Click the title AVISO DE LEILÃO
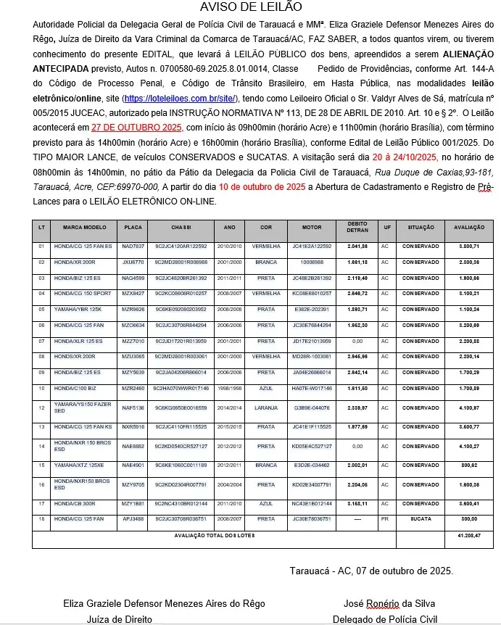[250, 8]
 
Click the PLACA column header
[133, 227]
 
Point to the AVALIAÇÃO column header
[469, 227]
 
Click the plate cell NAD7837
[133, 247]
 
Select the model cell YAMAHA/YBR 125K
[78, 308]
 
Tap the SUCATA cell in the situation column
[421, 519]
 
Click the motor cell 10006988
[312, 262]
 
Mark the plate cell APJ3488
[133, 519]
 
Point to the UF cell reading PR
[385, 519]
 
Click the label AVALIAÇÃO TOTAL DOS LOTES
[210, 534]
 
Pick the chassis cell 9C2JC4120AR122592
[181, 247]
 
